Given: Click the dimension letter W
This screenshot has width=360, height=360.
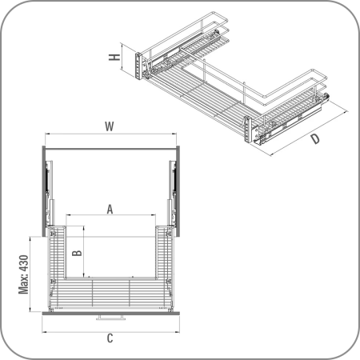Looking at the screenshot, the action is pos(110,126).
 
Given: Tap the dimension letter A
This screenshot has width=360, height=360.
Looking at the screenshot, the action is pos(110,210).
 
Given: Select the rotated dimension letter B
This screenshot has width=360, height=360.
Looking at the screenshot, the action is pos(77,253).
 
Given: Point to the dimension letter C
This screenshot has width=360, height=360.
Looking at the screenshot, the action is pos(110,338).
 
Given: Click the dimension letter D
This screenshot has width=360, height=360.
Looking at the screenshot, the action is pos(315,139).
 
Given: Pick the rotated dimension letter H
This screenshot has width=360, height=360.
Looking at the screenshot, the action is pos(114,57).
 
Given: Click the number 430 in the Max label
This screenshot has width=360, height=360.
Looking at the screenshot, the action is pos(24,264).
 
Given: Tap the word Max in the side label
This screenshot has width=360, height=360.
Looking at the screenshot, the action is pos(24,285).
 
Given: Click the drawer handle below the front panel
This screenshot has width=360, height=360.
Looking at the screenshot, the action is pos(110,318).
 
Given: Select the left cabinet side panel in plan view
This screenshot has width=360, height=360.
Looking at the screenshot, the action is pos(44,191).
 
